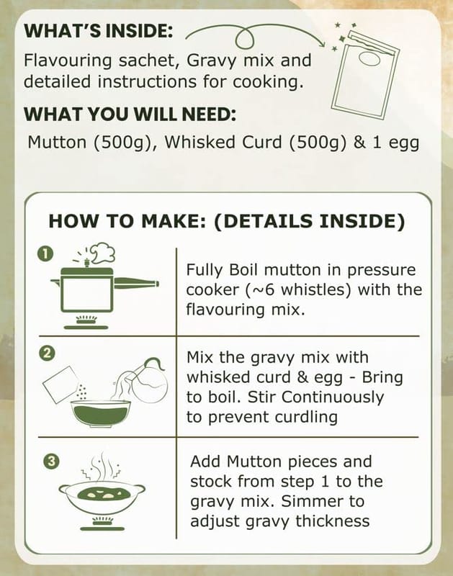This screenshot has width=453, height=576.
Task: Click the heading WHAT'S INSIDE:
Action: coord(98,30)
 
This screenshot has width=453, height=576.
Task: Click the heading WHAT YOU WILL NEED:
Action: coord(130,114)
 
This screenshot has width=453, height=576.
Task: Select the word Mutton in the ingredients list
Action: coord(57,142)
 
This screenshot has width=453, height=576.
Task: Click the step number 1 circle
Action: coord(45,253)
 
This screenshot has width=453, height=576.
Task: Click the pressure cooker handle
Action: coord(137,283)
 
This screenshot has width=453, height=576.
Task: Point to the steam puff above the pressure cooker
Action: coord(103,253)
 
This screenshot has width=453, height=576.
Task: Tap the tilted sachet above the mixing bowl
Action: coord(60,384)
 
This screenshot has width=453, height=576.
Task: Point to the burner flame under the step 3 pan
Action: coord(102,520)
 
